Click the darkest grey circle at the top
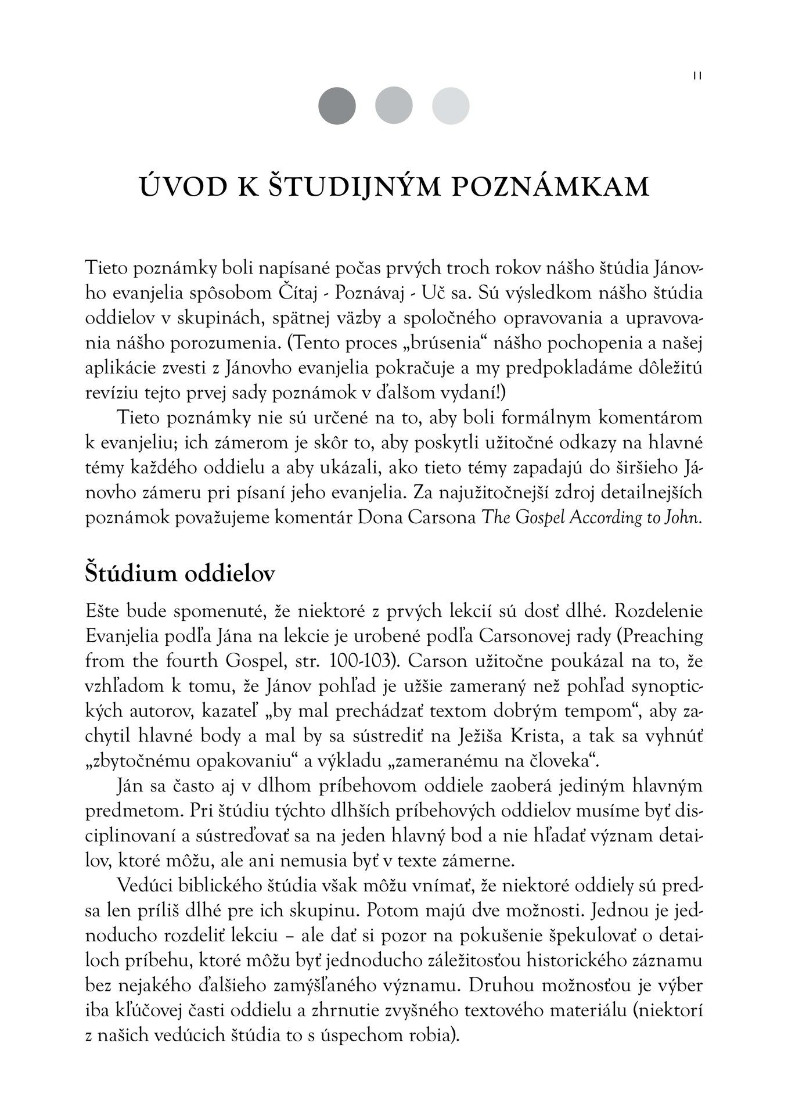[x=337, y=106]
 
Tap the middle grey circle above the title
[x=394, y=106]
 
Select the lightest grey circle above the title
[x=451, y=106]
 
